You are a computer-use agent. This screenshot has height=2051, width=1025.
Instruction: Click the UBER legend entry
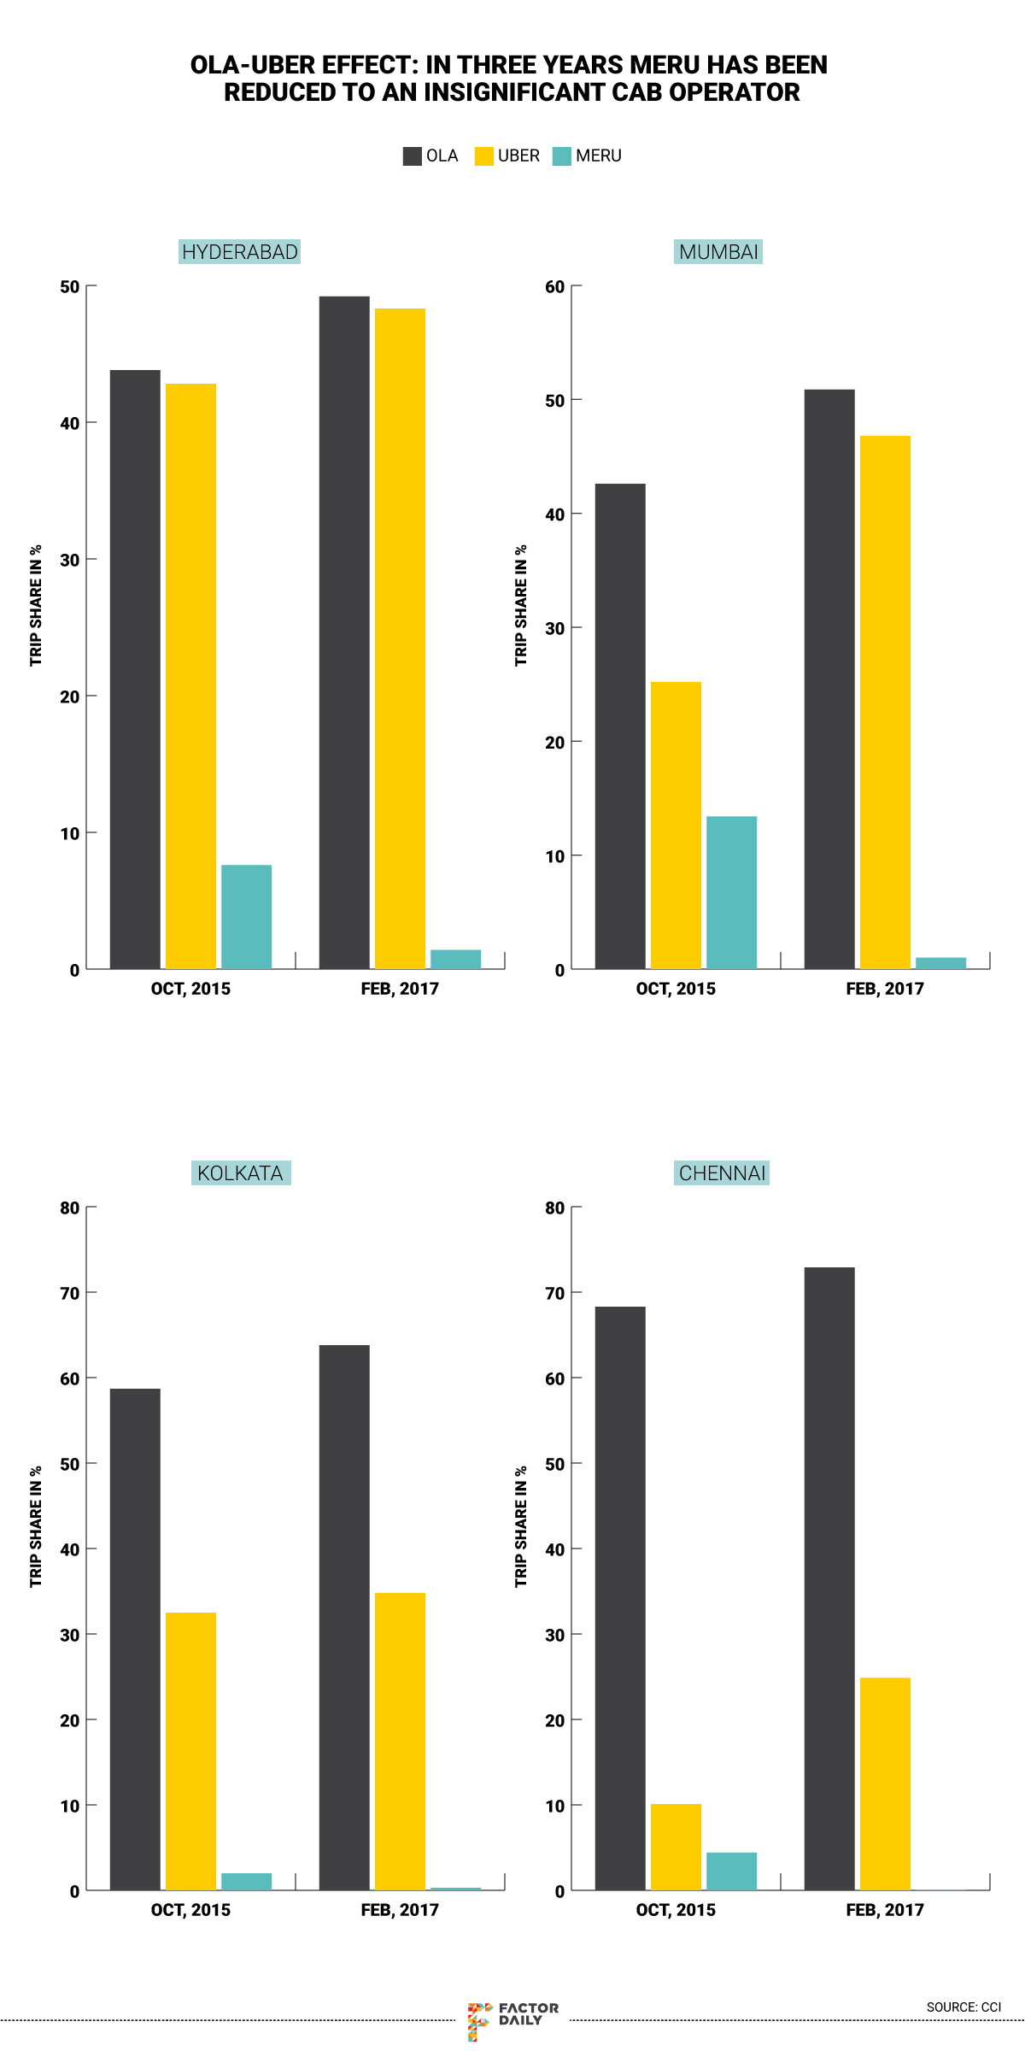pyautogui.click(x=507, y=156)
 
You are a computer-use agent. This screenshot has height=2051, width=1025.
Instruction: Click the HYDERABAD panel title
pyautogui.click(x=239, y=252)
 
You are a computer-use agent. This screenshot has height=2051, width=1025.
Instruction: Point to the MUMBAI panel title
pyautogui.click(x=718, y=252)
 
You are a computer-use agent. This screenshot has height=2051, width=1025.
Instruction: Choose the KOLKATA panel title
pyautogui.click(x=240, y=1172)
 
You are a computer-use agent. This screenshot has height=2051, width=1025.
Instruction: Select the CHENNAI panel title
pyautogui.click(x=722, y=1172)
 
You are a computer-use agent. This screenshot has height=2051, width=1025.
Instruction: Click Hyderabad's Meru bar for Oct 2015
pyautogui.click(x=246, y=917)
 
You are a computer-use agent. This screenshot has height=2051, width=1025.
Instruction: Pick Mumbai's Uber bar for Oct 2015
pyautogui.click(x=676, y=825)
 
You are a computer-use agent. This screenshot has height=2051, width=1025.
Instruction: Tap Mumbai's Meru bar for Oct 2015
pyautogui.click(x=731, y=892)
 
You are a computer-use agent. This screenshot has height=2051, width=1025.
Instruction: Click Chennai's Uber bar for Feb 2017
pyautogui.click(x=885, y=1784)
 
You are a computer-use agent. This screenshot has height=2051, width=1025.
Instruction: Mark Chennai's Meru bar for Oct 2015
pyautogui.click(x=731, y=1871)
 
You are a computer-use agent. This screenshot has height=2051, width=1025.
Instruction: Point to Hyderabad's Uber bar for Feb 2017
pyautogui.click(x=400, y=638)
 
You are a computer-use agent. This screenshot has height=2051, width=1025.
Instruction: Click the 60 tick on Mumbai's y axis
pyautogui.click(x=555, y=287)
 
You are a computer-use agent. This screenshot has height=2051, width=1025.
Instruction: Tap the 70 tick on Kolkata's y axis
pyautogui.click(x=70, y=1294)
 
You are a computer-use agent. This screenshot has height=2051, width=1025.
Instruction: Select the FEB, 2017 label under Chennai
pyautogui.click(x=885, y=1910)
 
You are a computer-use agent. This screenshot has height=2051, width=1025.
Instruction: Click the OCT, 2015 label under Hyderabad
pyautogui.click(x=190, y=989)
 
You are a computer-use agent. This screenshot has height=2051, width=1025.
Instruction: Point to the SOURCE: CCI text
pyautogui.click(x=963, y=2007)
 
